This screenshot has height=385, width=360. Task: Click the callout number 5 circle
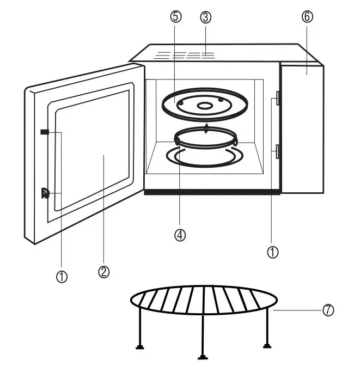pos(175,16)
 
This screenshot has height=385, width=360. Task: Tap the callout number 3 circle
pos(205,16)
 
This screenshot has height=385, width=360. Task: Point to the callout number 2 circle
pos(103,271)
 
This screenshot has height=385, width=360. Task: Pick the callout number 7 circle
pos(327,310)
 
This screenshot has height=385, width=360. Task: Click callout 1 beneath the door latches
pos(62,277)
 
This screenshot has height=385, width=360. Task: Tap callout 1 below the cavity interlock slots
pos(273,252)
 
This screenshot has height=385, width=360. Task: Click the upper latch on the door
pos(45,132)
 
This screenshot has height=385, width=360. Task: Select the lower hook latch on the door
pos(45,193)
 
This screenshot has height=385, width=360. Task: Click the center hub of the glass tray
pos(205,106)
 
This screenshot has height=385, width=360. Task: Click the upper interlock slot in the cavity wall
pos(278,98)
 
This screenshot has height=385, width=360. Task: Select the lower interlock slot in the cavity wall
pos(278,151)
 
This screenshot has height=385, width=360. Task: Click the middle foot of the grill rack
pos(203,357)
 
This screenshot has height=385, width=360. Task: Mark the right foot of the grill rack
pos(266,345)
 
